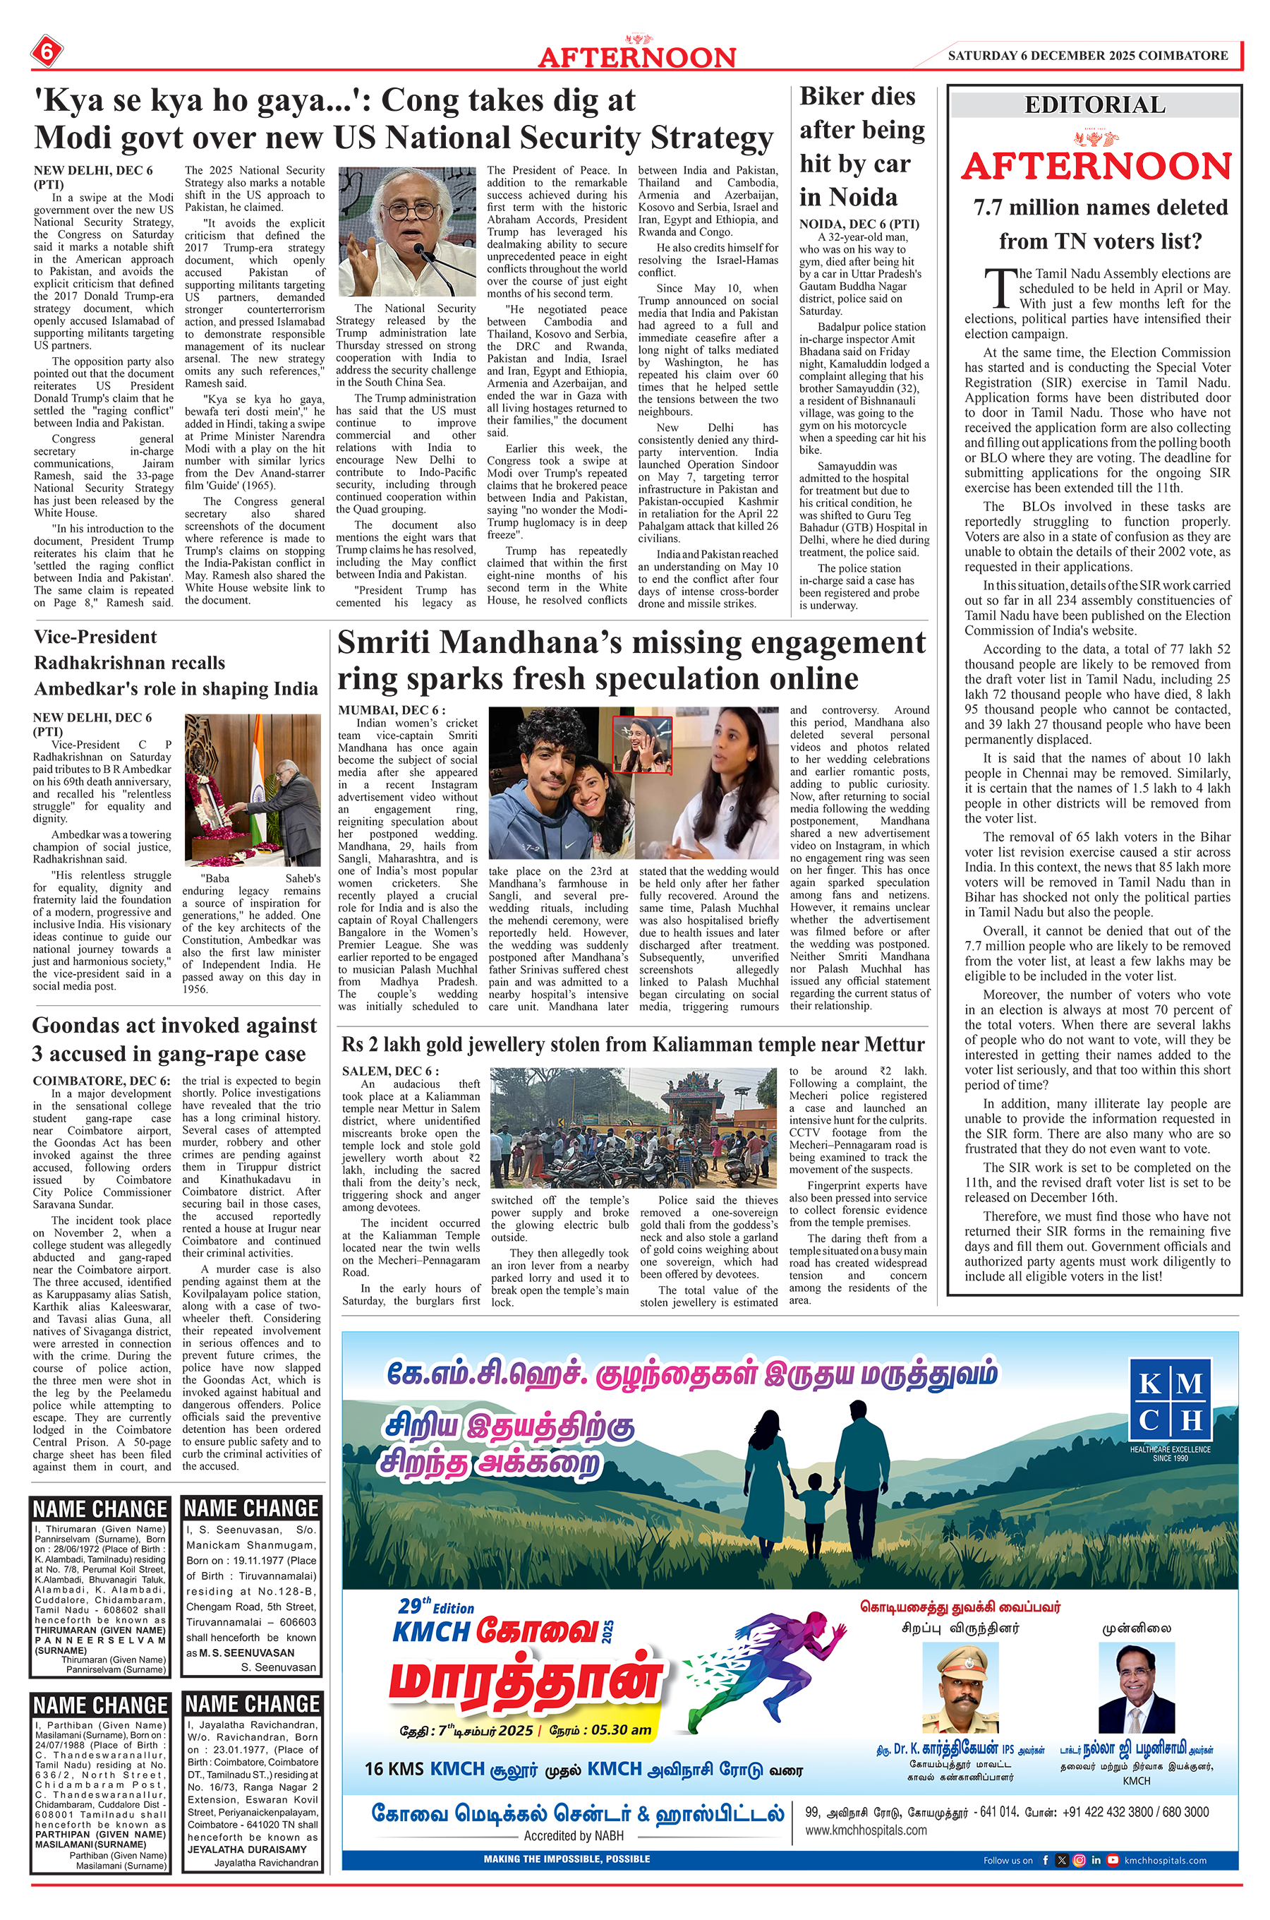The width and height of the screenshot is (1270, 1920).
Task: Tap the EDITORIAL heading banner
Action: pyautogui.click(x=1094, y=105)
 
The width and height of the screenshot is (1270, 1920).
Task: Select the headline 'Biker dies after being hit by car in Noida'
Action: pyautogui.click(x=861, y=147)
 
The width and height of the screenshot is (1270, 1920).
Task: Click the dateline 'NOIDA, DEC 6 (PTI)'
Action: pyautogui.click(x=848, y=224)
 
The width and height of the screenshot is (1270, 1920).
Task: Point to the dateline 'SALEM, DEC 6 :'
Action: pyautogui.click(x=390, y=1071)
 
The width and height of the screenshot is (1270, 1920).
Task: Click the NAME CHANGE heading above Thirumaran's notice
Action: pyautogui.click(x=100, y=1509)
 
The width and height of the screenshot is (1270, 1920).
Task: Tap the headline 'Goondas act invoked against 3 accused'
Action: pyautogui.click(x=174, y=1039)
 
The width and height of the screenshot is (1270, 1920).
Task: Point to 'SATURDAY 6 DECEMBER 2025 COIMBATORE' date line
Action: pyautogui.click(x=1088, y=56)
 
